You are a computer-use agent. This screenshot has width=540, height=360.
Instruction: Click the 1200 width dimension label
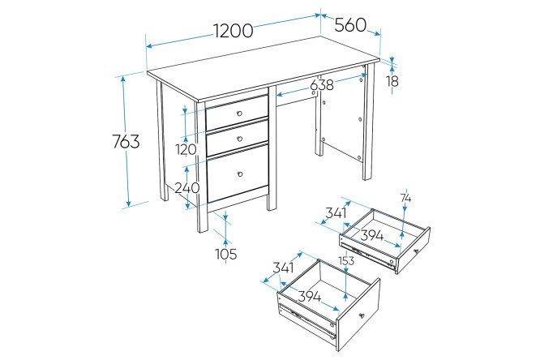pos(234,31)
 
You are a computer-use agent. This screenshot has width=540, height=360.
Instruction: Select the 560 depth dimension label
pos(350,25)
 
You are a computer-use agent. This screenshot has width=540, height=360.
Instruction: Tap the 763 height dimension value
pos(126,141)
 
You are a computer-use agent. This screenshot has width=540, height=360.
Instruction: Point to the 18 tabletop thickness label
pos(392,82)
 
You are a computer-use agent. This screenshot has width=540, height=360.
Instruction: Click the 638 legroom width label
pos(322,85)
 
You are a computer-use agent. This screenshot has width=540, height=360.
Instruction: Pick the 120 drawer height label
pos(186,149)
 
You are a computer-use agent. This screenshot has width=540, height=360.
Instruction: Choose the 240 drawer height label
pos(187,188)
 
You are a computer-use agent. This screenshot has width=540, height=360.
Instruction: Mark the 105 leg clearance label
pos(226,255)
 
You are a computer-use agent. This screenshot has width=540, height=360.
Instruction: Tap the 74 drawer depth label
pos(405,199)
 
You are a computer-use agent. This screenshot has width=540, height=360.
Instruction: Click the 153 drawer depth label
pos(346,261)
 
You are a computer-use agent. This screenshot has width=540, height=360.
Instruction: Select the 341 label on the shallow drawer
pos(336,213)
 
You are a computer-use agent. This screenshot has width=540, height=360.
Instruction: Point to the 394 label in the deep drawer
pos(309,297)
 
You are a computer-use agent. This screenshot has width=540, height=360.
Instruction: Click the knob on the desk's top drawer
pos(240,114)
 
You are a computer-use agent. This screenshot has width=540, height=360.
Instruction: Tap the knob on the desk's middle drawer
pos(240,139)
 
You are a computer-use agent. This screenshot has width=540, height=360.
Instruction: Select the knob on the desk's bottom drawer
pos(240,174)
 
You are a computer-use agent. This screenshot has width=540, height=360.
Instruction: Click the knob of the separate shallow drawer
pos(416,251)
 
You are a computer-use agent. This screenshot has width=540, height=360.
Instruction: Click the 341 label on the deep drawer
pos(283,268)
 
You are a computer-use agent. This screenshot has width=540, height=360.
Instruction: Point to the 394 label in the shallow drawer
pos(372,236)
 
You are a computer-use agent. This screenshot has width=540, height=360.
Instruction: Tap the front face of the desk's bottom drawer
pos(238,174)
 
